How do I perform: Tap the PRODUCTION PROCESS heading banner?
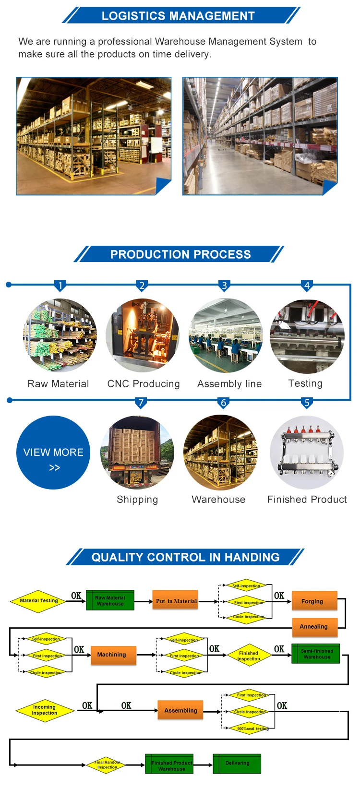(180, 254)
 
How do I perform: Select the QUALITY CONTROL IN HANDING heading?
(185, 557)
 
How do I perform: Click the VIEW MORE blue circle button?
(53, 453)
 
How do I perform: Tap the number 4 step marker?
(307, 286)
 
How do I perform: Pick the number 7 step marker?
(141, 402)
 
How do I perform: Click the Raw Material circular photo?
(60, 335)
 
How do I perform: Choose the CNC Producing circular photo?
(142, 335)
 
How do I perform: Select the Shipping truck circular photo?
(137, 453)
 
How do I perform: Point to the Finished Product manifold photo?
(307, 453)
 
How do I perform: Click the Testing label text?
(305, 383)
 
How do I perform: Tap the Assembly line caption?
(229, 383)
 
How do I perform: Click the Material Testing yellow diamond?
(39, 600)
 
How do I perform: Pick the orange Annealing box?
(314, 626)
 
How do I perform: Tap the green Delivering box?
(237, 763)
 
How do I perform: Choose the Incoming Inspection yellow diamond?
(45, 710)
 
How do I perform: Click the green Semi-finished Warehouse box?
(316, 654)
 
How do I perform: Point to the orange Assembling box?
(180, 710)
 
